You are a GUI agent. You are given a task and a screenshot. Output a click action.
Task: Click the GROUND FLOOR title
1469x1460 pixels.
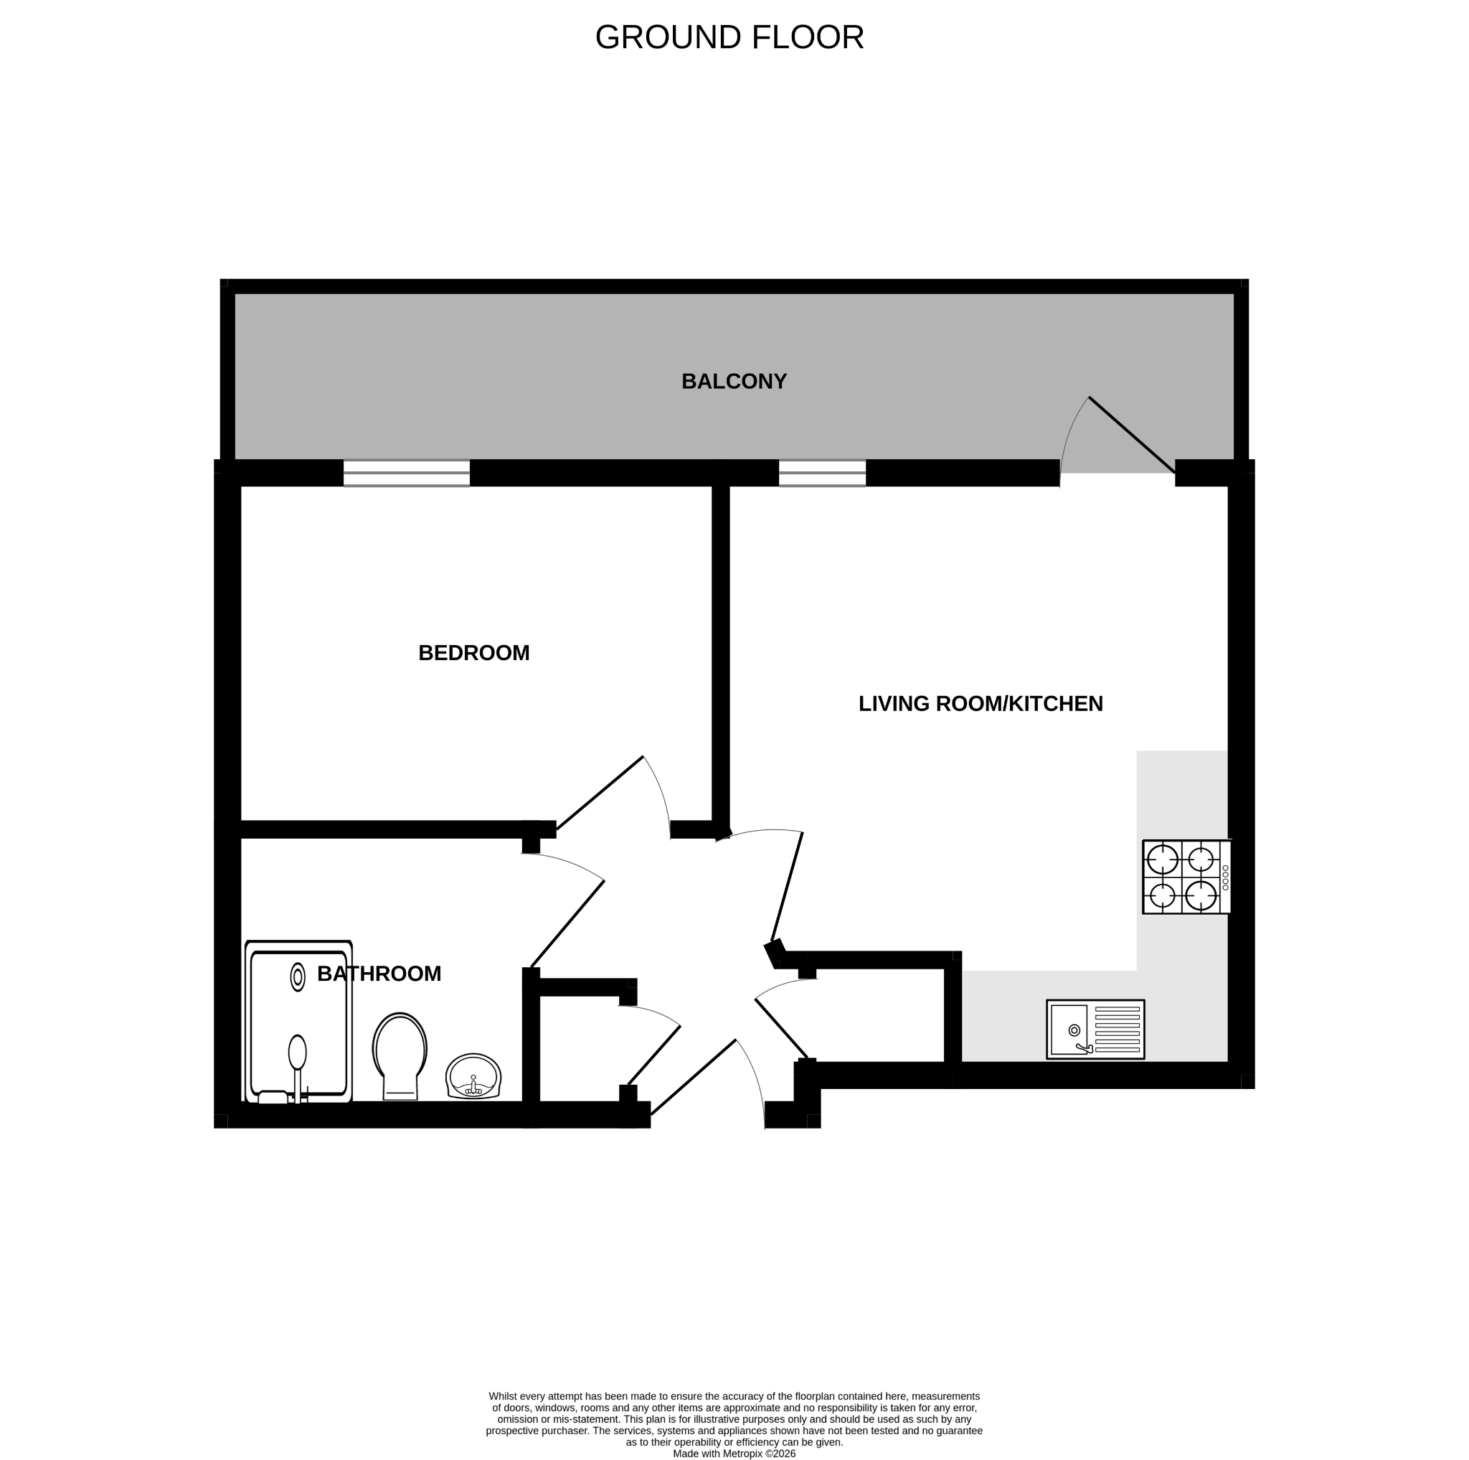[729, 37]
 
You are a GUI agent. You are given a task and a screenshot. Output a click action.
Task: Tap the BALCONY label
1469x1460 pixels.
[734, 382]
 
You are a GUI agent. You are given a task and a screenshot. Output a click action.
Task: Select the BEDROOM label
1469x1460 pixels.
[473, 653]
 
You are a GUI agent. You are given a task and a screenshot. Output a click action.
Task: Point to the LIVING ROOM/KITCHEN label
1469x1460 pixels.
[980, 704]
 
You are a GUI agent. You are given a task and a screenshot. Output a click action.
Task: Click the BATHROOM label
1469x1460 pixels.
[379, 974]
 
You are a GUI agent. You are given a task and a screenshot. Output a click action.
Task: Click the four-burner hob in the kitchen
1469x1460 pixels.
[1186, 877]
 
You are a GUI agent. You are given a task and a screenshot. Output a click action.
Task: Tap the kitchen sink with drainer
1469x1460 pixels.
[1095, 1030]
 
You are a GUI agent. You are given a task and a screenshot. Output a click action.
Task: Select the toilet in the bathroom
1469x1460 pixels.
[400, 1056]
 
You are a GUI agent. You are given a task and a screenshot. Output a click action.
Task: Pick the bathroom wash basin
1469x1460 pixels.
[473, 1076]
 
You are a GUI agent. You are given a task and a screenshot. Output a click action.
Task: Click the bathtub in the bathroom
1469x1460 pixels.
[298, 1021]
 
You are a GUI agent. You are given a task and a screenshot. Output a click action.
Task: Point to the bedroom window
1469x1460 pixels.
[406, 473]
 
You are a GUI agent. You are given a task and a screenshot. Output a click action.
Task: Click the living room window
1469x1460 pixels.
[822, 473]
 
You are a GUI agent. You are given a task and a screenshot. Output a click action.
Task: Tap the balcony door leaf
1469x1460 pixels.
[1132, 435]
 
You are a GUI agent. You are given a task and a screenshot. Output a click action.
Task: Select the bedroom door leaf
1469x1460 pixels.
[600, 793]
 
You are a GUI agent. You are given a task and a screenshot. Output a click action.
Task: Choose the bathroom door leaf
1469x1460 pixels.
[567, 924]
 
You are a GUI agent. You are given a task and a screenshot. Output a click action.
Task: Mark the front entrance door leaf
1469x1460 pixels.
[694, 1078]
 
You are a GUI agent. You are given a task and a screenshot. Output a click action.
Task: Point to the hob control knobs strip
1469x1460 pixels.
[1225, 877]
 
